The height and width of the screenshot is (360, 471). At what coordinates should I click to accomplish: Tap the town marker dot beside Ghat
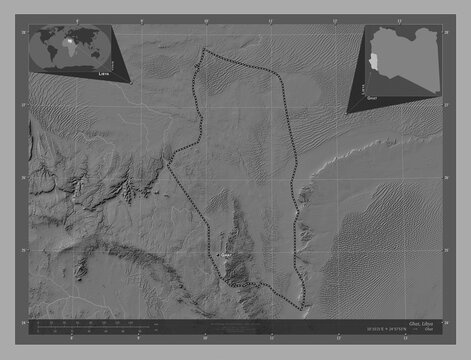click(x=218, y=255)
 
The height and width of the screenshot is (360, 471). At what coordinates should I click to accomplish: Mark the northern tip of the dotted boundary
click(x=204, y=49)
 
